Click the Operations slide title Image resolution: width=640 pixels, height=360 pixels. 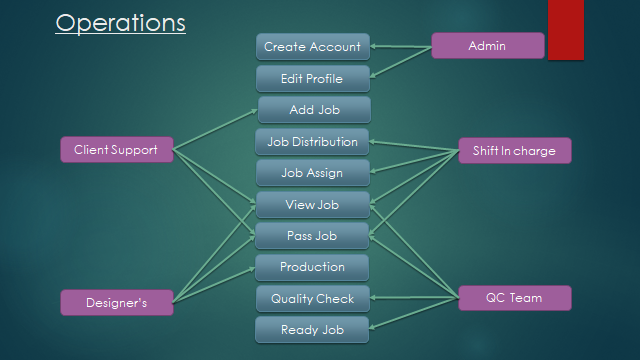(120, 23)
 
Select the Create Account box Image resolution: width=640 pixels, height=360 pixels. (312, 47)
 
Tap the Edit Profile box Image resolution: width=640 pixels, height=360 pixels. (312, 79)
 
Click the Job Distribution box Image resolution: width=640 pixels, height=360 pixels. (312, 142)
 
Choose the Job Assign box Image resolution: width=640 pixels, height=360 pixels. (312, 173)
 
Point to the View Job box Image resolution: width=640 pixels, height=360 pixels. (312, 205)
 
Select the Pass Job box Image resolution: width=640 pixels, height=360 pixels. (312, 236)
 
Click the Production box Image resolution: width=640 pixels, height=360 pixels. (312, 267)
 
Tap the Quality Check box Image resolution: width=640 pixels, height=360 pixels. (312, 298)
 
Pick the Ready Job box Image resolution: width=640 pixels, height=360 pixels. (312, 330)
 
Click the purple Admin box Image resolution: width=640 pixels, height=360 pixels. (487, 46)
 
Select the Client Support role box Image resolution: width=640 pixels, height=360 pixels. (116, 151)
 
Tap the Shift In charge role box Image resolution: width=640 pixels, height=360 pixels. (514, 151)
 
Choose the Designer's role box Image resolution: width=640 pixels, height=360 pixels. (116, 303)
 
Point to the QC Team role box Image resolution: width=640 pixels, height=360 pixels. (514, 298)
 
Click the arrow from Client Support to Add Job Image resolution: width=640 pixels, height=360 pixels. (215, 130)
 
